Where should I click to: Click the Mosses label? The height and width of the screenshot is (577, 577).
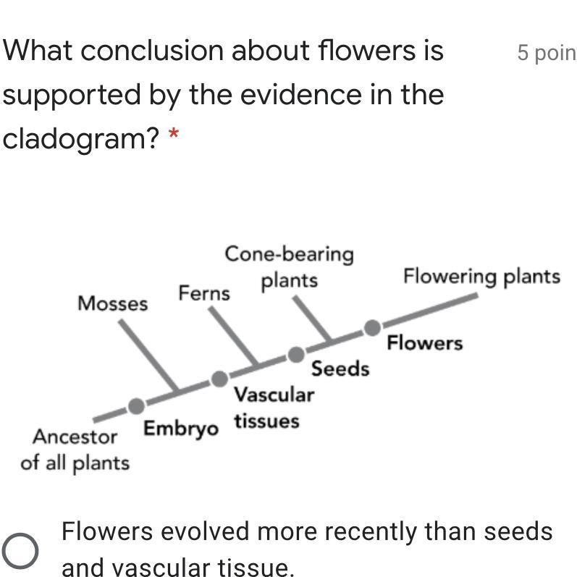(112, 303)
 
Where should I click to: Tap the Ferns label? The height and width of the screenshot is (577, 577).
(204, 293)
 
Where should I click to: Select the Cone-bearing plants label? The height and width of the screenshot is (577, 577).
(290, 266)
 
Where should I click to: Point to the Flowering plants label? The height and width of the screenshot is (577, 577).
(481, 277)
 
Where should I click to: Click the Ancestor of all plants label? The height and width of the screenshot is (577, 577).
(75, 450)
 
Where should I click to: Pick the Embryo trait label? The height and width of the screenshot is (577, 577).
(180, 429)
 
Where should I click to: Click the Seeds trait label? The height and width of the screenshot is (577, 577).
(340, 369)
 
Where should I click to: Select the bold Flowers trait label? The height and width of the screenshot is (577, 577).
(424, 342)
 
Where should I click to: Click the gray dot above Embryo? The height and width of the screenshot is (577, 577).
(136, 405)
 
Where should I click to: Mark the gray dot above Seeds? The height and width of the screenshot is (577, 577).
(296, 354)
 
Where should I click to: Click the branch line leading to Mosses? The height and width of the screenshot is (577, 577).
(148, 355)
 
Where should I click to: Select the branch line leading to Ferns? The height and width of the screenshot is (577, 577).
(232, 336)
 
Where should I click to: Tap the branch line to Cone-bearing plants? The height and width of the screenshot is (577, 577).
(312, 318)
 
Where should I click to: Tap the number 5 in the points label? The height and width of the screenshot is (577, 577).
(523, 53)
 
